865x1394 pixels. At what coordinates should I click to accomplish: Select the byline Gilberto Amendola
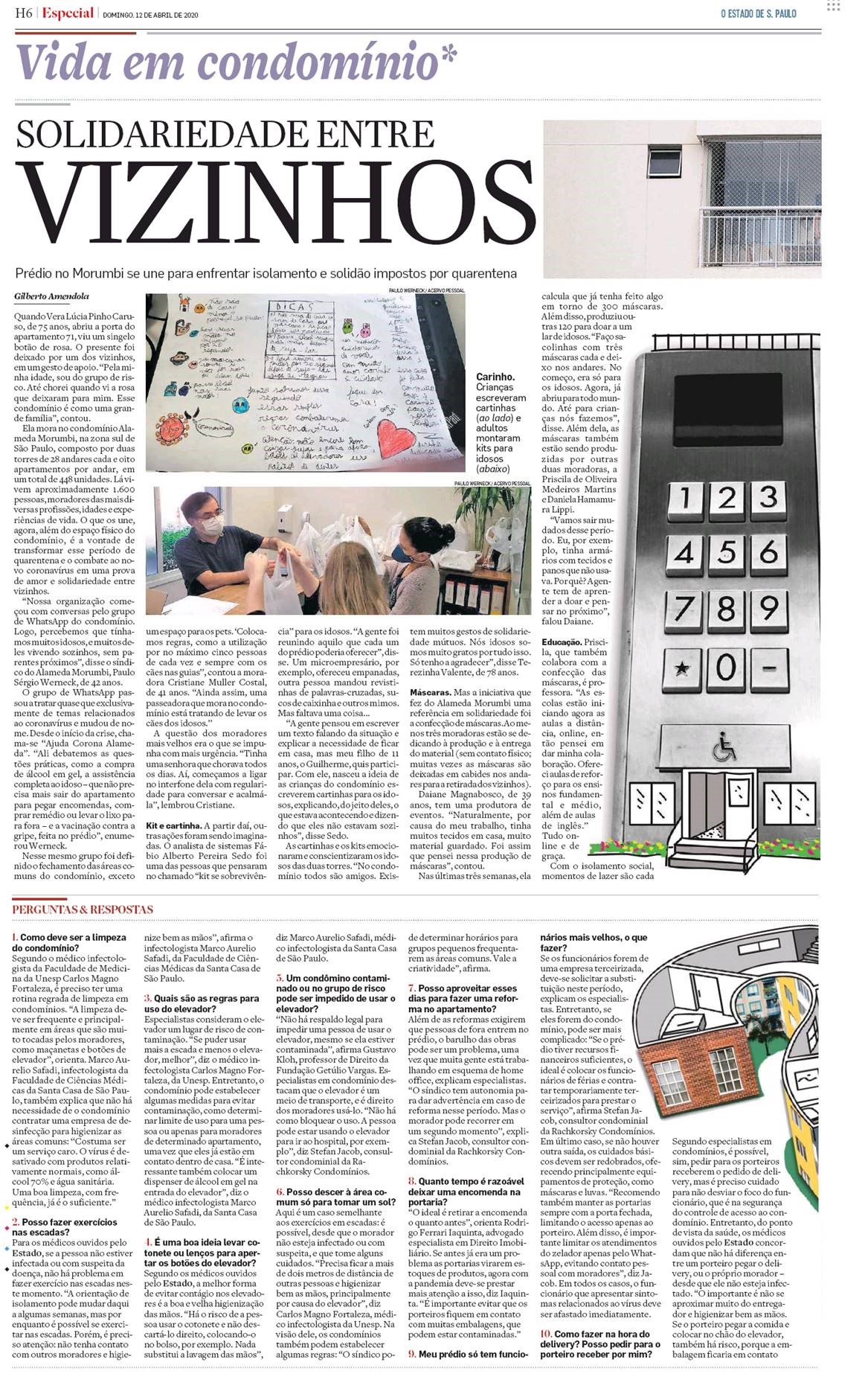click(x=51, y=296)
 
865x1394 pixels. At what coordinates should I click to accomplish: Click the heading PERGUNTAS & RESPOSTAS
click(x=83, y=909)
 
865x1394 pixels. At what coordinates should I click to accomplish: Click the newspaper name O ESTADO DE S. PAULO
click(x=758, y=13)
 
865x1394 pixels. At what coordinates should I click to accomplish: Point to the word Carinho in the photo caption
click(x=495, y=377)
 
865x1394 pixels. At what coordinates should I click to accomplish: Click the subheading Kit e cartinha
click(x=173, y=825)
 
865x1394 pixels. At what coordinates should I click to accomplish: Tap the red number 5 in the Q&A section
click(x=280, y=978)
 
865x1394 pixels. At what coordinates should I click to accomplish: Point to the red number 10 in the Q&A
click(x=546, y=1334)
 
